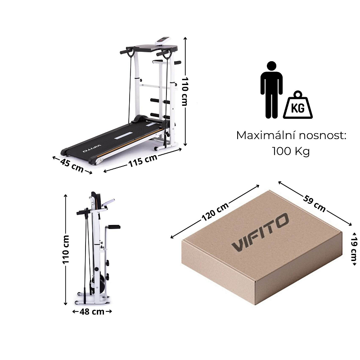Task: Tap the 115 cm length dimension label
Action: point(143,160)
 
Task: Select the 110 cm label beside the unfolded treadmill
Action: point(184,91)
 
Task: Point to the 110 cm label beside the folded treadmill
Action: point(66,249)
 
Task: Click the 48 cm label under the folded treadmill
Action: point(92,311)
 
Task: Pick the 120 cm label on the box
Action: point(215,211)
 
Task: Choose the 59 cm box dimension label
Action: point(314,203)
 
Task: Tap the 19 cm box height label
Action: point(354,249)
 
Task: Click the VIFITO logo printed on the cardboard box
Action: point(260,232)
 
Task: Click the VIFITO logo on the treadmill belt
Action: point(92,148)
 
